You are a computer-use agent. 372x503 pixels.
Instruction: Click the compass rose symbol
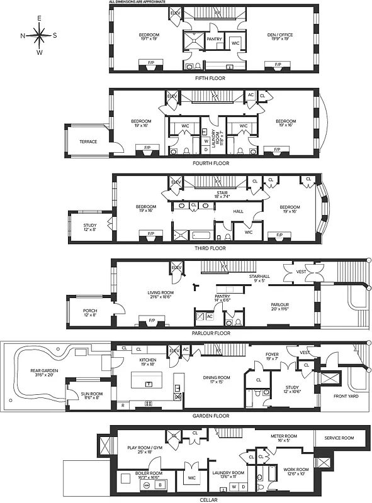pyautogui.click(x=39, y=35)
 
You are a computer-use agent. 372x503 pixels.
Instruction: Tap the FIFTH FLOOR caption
pyautogui.click(x=211, y=78)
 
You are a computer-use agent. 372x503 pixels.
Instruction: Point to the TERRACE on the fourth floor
pyautogui.click(x=88, y=141)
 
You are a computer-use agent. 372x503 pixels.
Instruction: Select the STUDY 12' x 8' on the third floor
pyautogui.click(x=90, y=227)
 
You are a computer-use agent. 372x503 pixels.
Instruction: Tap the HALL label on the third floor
pyautogui.click(x=238, y=211)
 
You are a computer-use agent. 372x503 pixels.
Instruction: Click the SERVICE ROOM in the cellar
pyautogui.click(x=339, y=438)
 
